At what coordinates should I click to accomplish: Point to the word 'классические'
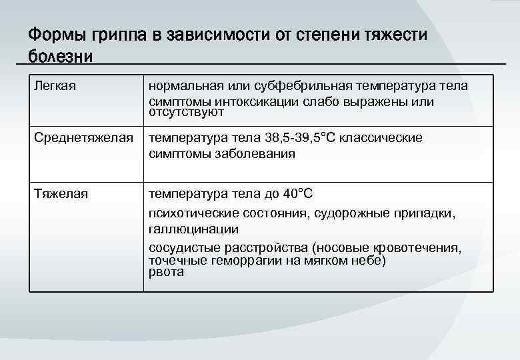[x=381, y=138]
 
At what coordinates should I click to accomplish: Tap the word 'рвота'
[x=165, y=272]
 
